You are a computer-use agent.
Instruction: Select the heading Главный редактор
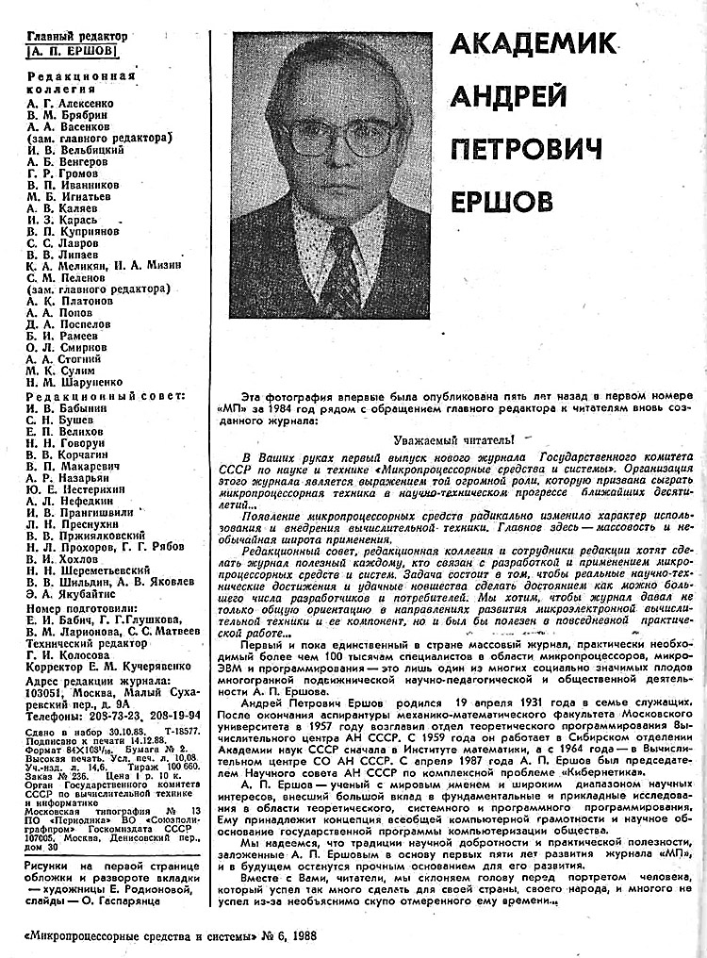point(77,38)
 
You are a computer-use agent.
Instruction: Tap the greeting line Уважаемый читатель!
point(453,439)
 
